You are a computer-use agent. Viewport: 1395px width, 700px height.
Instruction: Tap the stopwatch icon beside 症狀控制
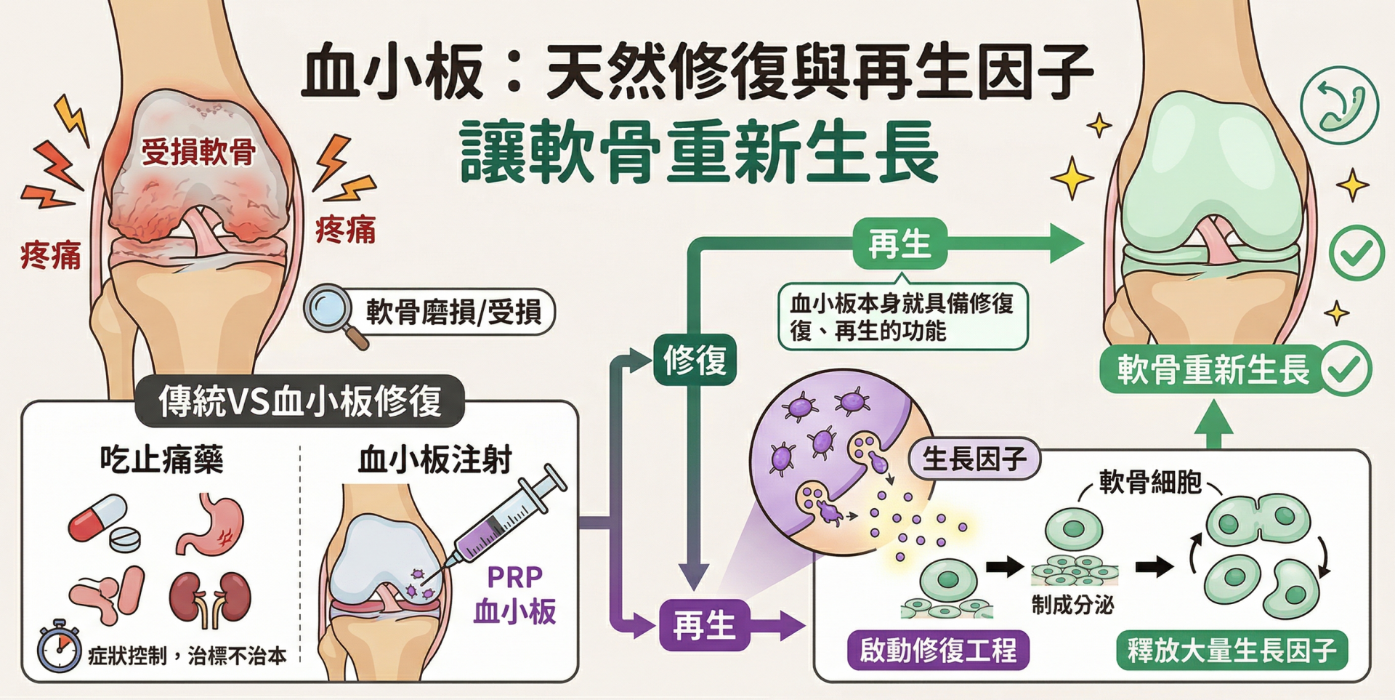[x=59, y=646]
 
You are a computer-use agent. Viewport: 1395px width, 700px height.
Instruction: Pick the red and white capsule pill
[x=97, y=517]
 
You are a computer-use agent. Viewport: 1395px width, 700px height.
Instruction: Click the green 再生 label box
[x=899, y=244]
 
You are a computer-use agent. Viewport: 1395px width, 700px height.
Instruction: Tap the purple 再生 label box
[x=703, y=625]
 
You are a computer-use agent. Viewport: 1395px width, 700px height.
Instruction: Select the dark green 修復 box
[x=695, y=360]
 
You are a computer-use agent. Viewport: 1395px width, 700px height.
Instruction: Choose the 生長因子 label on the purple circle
[x=974, y=459]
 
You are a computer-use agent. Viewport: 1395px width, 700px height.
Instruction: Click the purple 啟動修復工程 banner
[x=938, y=650]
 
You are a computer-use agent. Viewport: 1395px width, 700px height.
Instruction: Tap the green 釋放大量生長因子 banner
[x=1232, y=650]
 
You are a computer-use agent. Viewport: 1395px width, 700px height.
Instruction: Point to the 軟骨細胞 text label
[x=1150, y=482]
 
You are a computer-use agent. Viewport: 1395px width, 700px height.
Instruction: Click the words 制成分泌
[x=1072, y=604]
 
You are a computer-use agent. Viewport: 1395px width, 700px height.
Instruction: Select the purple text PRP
[x=514, y=577]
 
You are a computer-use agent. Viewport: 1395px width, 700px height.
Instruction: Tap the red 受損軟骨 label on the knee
[x=198, y=152]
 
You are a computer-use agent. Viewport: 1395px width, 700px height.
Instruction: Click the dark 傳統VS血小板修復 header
[x=300, y=401]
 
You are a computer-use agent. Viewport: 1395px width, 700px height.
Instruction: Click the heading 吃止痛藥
[x=161, y=460]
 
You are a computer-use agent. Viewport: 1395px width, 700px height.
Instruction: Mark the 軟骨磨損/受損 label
[x=453, y=313]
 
